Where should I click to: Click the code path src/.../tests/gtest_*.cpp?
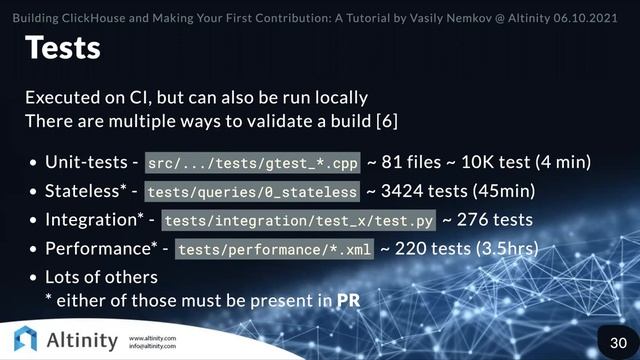[251, 163]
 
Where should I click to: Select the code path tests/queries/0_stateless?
[251, 191]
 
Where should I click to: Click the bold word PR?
[348, 299]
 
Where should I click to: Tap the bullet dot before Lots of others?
[34, 277]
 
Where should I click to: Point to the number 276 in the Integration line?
[470, 219]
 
